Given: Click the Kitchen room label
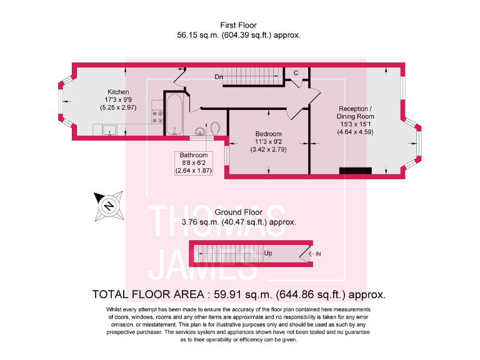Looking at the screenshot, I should pyautogui.click(x=117, y=92).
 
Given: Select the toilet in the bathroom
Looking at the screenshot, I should pyautogui.click(x=215, y=127).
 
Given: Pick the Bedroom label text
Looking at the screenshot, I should pyautogui.click(x=268, y=134).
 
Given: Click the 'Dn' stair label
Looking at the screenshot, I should pyautogui.click(x=219, y=77).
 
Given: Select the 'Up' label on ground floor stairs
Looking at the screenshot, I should pyautogui.click(x=268, y=253).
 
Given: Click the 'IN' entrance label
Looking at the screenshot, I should pyautogui.click(x=318, y=254).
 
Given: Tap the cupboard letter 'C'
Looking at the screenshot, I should pyautogui.click(x=296, y=73).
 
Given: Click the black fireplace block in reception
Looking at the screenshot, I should pyautogui.click(x=355, y=170).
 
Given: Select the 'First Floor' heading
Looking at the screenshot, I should pyautogui.click(x=239, y=26).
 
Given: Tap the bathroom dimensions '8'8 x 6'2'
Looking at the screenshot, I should pyautogui.click(x=193, y=163).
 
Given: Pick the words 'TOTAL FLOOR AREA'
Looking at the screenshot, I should pyautogui.click(x=147, y=294).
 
